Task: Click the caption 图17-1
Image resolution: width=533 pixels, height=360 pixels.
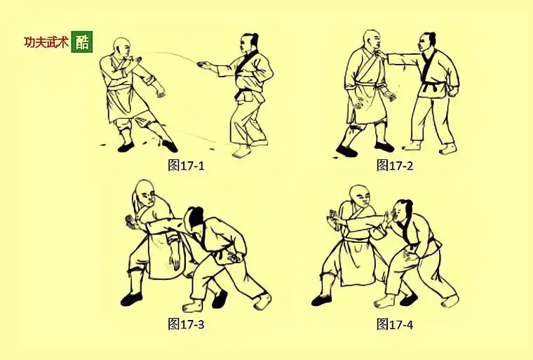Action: pos(186,166)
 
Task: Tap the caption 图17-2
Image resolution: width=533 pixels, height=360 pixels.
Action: pos(392,165)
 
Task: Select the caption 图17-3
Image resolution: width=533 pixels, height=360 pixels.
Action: pos(186,324)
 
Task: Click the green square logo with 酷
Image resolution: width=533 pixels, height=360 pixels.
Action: pos(81,42)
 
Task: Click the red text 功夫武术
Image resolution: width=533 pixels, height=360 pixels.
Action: pos(46,42)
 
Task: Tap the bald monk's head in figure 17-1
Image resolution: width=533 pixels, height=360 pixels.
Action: pos(123,47)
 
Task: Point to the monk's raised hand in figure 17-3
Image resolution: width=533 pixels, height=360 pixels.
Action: pos(130,222)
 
